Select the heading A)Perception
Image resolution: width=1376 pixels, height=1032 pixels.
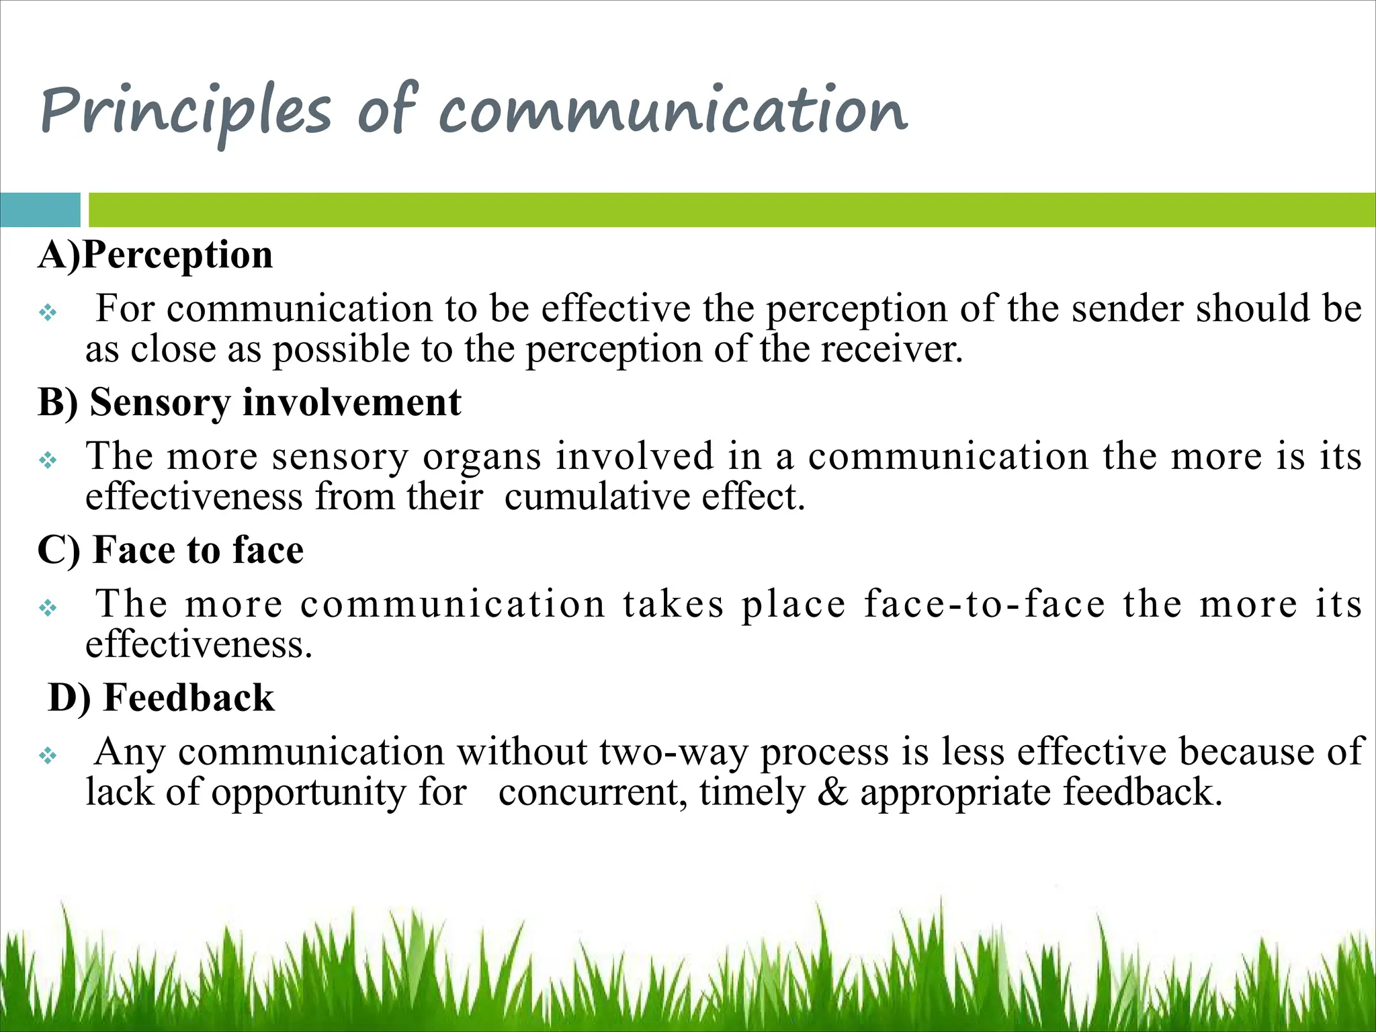click(x=155, y=255)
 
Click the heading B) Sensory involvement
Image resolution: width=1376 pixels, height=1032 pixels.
click(x=249, y=402)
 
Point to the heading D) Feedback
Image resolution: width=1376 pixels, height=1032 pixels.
click(x=161, y=697)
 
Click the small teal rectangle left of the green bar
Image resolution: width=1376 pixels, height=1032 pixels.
click(x=40, y=210)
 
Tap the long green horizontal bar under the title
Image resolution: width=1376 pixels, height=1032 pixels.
click(x=732, y=210)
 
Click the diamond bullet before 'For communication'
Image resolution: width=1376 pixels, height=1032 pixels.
click(x=48, y=312)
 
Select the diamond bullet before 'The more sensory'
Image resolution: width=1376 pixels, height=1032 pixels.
click(x=48, y=460)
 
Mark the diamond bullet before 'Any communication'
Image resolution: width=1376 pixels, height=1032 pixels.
click(x=48, y=756)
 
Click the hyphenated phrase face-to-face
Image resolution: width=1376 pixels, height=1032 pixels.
click(x=984, y=603)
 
